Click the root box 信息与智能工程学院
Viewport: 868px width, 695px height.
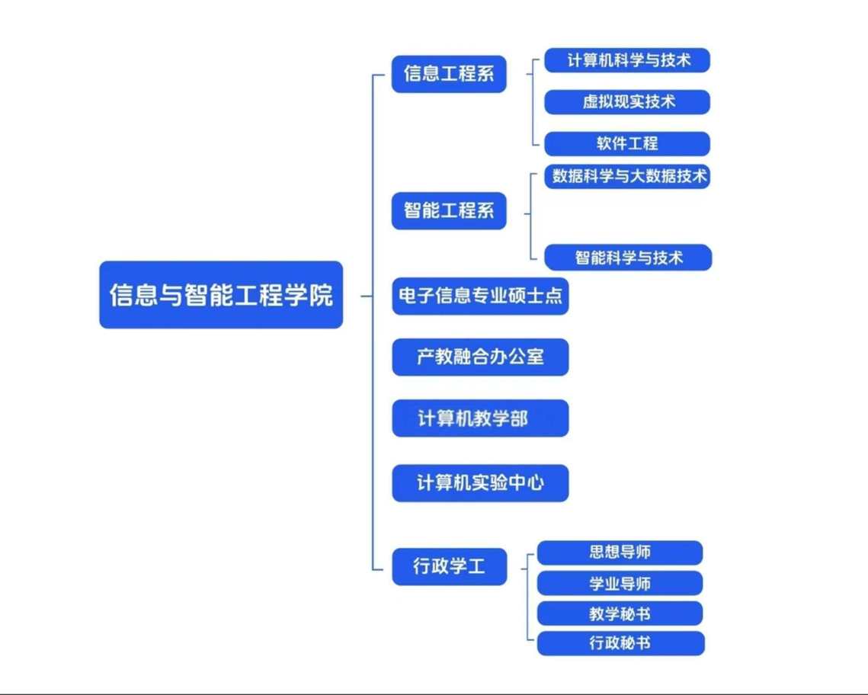click(x=221, y=295)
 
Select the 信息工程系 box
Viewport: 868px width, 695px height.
click(x=449, y=74)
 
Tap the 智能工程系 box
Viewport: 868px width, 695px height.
click(x=449, y=210)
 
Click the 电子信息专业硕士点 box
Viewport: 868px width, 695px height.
click(x=480, y=296)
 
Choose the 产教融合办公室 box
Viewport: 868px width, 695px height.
click(x=480, y=357)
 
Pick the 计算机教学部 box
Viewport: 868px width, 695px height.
click(x=480, y=418)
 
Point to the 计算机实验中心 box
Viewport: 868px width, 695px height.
click(x=480, y=482)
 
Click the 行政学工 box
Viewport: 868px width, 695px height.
click(x=449, y=567)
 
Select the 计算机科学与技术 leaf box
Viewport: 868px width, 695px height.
click(x=627, y=60)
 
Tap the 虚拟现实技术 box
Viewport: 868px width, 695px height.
click(x=627, y=101)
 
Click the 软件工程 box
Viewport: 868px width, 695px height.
click(x=627, y=143)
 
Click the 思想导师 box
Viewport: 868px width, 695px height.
click(x=620, y=552)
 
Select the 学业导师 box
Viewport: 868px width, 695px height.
click(x=620, y=584)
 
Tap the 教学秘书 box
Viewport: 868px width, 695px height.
click(x=620, y=613)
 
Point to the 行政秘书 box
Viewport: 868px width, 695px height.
click(x=620, y=643)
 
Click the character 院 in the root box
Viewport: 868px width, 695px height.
click(x=322, y=295)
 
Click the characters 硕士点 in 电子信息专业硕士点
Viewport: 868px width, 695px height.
click(x=543, y=296)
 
